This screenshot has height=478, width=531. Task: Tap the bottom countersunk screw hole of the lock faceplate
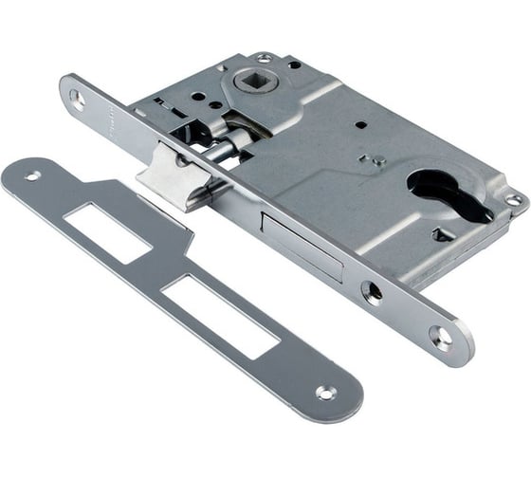[438, 334]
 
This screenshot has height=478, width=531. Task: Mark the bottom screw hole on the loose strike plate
[324, 392]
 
